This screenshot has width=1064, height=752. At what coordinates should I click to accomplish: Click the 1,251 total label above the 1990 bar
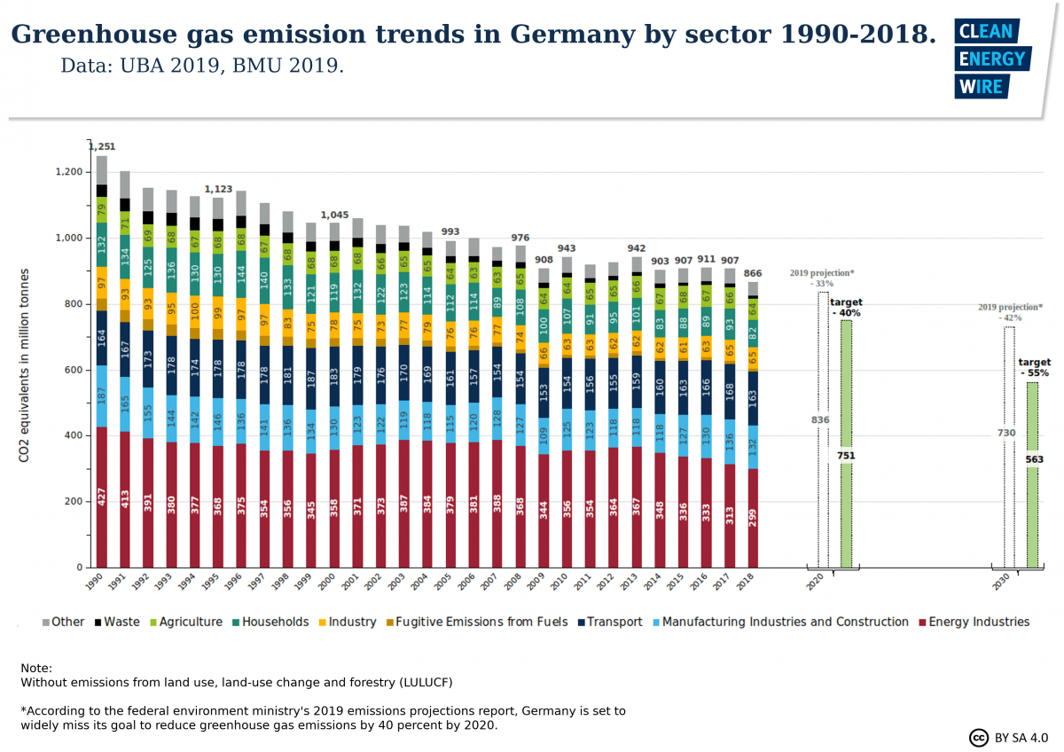(101, 146)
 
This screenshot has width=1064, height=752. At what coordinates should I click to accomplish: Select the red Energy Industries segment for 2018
(753, 518)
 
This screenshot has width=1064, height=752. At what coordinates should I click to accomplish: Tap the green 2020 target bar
(846, 443)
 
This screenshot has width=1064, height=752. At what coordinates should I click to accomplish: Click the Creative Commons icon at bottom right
(979, 737)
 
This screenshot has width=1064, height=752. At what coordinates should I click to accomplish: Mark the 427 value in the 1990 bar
(102, 496)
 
